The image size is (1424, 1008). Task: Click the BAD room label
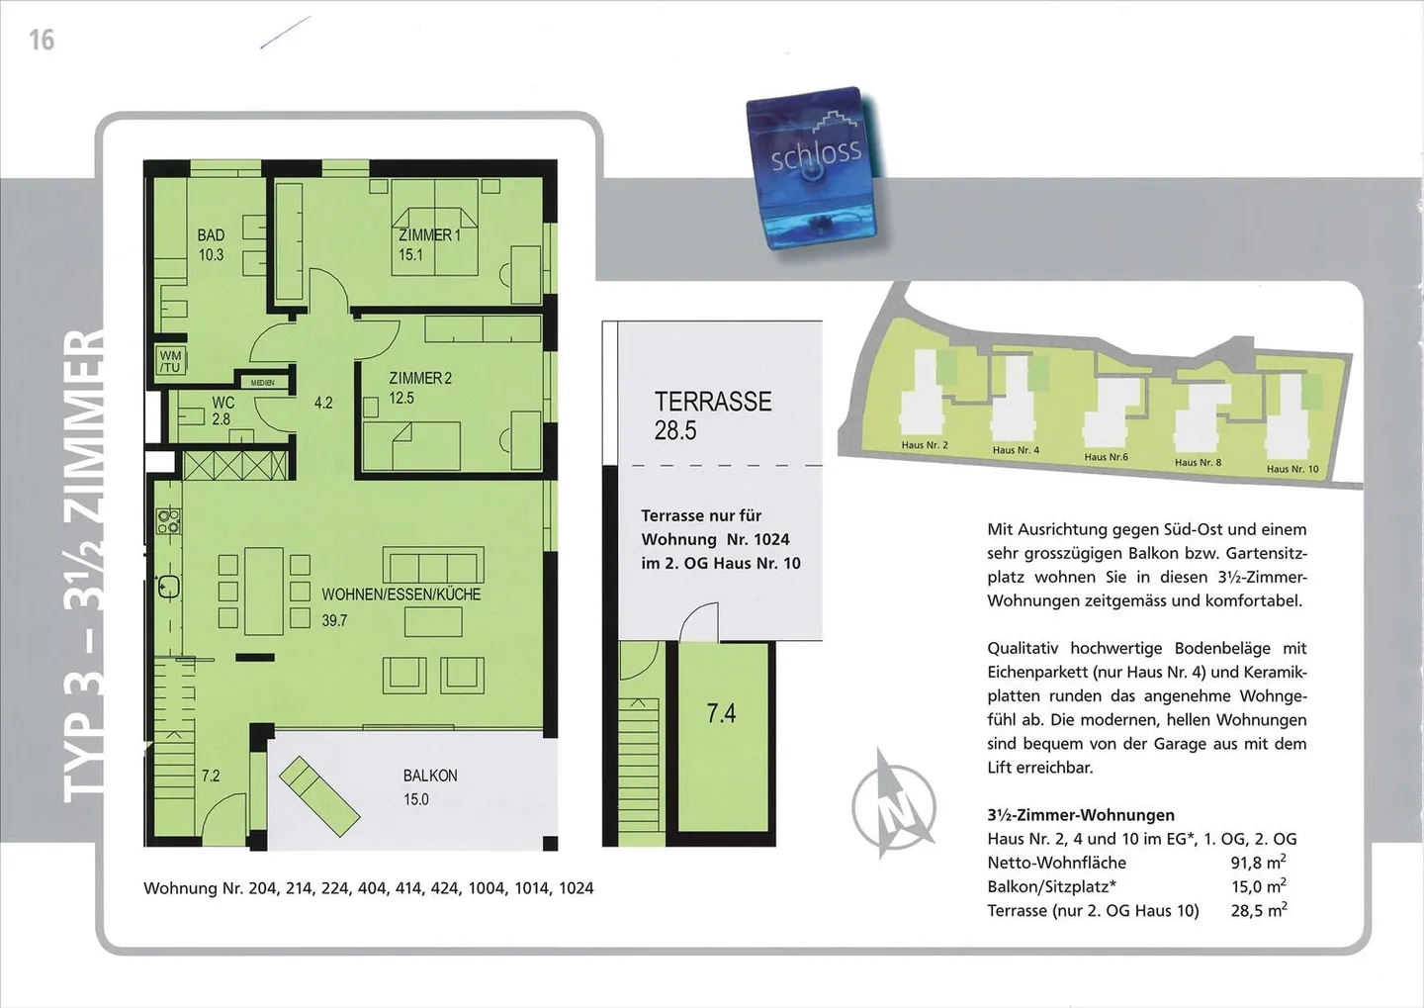point(211,235)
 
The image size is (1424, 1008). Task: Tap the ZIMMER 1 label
point(429,235)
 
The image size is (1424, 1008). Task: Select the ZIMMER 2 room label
point(420,378)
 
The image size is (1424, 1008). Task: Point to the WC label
point(222,403)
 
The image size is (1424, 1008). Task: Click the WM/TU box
point(170,361)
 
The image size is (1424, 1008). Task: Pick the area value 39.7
point(334,621)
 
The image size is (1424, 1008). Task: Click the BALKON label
point(430,776)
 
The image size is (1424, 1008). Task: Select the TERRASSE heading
point(712,402)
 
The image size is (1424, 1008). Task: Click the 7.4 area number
point(721,713)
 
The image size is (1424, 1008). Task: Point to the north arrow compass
point(894,802)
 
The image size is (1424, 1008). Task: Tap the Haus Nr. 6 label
point(1106,457)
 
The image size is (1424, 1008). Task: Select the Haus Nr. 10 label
point(1292,469)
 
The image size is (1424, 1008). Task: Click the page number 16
point(42,40)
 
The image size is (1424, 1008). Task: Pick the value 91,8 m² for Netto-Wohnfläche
point(1258,863)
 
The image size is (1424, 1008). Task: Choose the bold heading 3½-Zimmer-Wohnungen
point(1080,815)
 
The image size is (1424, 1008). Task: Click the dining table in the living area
point(264,591)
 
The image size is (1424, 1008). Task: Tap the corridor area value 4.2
point(323,403)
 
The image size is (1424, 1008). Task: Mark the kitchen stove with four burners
point(168,520)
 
